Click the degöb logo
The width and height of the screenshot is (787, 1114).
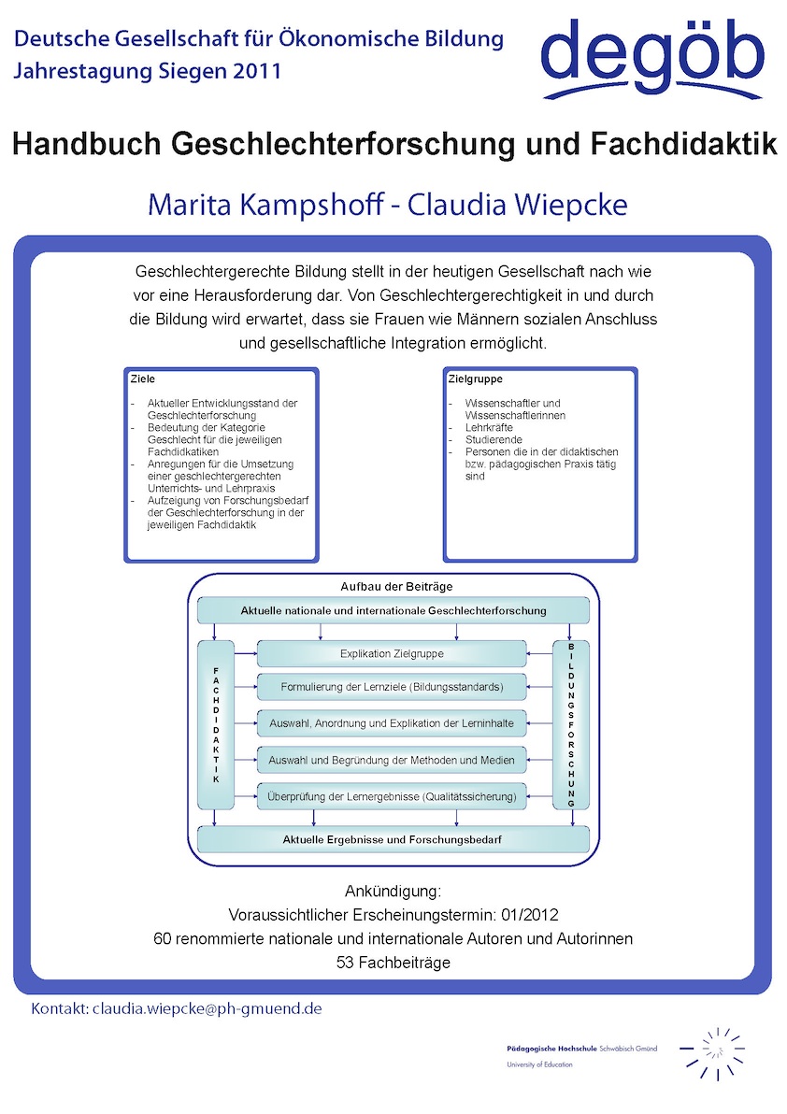[x=652, y=58]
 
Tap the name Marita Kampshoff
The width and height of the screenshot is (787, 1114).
[x=262, y=205]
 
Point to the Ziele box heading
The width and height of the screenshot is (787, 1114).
[x=143, y=379]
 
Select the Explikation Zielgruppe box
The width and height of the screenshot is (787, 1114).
[x=392, y=654]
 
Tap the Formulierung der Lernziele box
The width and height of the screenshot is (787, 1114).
[x=392, y=687]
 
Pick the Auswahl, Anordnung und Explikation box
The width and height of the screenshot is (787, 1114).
[x=392, y=723]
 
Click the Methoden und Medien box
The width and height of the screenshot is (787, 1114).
[x=392, y=760]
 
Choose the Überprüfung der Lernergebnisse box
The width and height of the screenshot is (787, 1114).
[x=392, y=796]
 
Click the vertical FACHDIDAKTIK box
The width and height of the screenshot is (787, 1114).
[x=216, y=724]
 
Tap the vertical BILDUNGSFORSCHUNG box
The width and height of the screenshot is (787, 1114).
[x=571, y=724]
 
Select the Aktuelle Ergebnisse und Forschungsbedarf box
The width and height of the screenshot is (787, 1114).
[x=393, y=839]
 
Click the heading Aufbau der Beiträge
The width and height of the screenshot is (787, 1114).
[x=396, y=586]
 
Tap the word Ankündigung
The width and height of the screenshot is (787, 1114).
[x=393, y=889]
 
